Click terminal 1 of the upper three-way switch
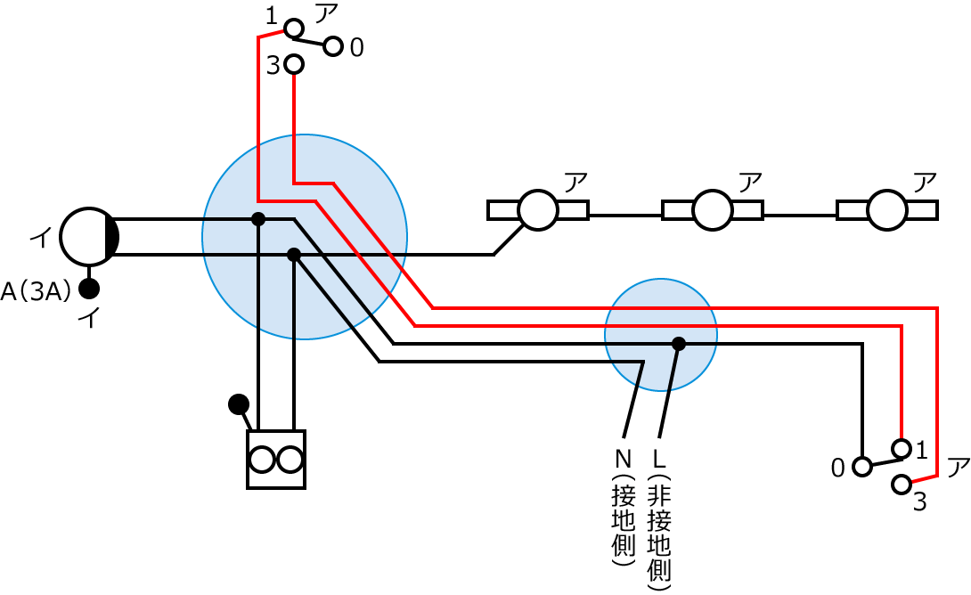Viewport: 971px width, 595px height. pyautogui.click(x=294, y=29)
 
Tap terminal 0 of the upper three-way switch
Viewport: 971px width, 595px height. pyautogui.click(x=333, y=46)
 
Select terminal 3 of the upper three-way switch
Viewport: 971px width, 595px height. pyautogui.click(x=294, y=64)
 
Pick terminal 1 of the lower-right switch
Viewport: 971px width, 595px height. pyautogui.click(x=902, y=448)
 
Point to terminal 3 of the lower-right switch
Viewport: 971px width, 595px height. pyautogui.click(x=902, y=485)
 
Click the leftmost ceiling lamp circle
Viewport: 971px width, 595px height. pyautogui.click(x=538, y=210)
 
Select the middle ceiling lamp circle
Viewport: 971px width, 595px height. pyautogui.click(x=713, y=210)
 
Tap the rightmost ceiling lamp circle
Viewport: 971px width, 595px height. pyautogui.click(x=887, y=210)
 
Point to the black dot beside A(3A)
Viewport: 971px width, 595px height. pyautogui.click(x=89, y=289)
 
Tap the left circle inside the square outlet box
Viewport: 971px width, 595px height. pyautogui.click(x=262, y=460)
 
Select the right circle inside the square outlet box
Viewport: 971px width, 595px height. pyautogui.click(x=290, y=460)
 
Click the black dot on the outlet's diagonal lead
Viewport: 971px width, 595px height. pyautogui.click(x=238, y=404)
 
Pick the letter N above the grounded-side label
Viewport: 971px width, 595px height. pyautogui.click(x=623, y=460)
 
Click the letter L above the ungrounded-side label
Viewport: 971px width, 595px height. pyautogui.click(x=659, y=460)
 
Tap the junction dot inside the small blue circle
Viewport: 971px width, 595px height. pyautogui.click(x=679, y=344)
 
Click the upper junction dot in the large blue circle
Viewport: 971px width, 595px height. pyautogui.click(x=258, y=219)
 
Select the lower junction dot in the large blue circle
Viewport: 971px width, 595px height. pyautogui.click(x=294, y=255)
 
